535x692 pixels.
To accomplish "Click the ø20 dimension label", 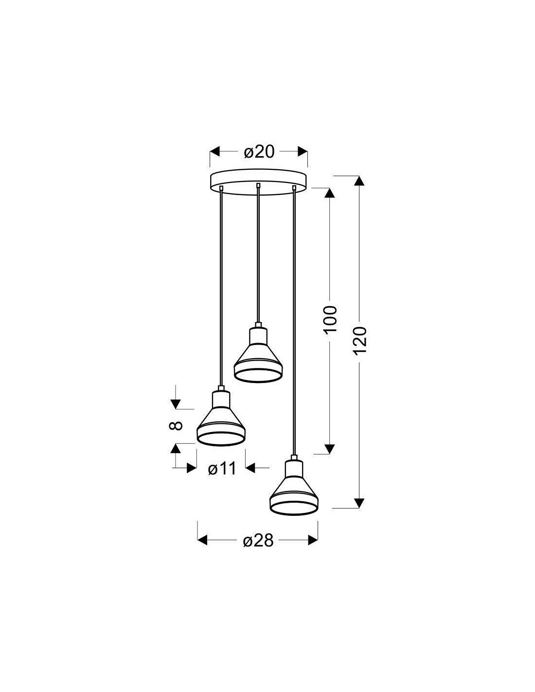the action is (x=259, y=152).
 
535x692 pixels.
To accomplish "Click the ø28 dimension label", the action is (x=258, y=540).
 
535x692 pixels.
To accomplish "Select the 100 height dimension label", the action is (x=330, y=319).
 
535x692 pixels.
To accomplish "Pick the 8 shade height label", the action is (x=176, y=425).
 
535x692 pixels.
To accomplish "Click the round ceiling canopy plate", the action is (x=258, y=182).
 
